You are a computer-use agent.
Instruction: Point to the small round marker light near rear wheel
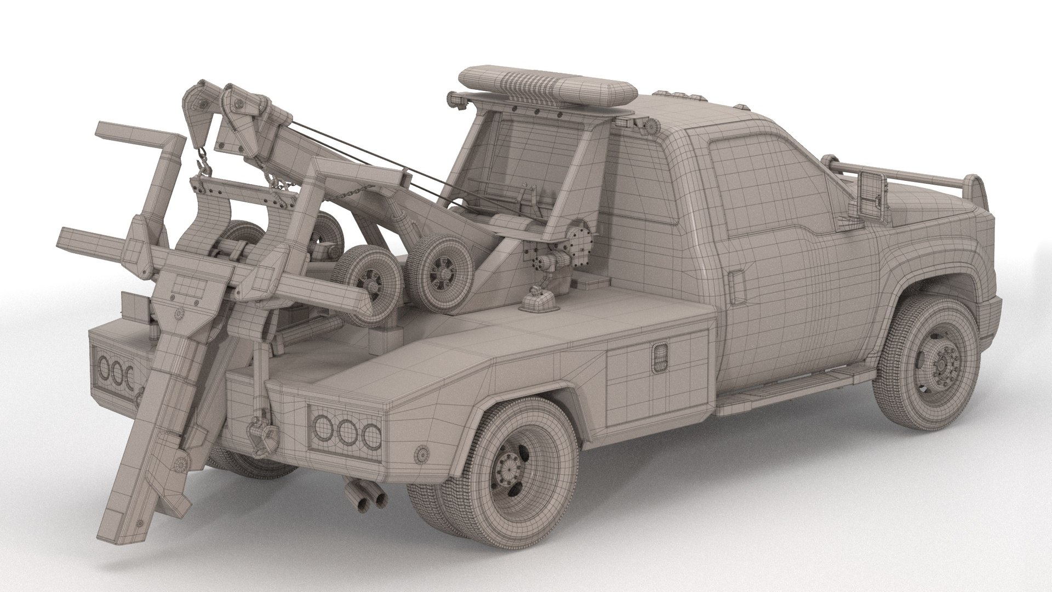(x=422, y=453)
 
